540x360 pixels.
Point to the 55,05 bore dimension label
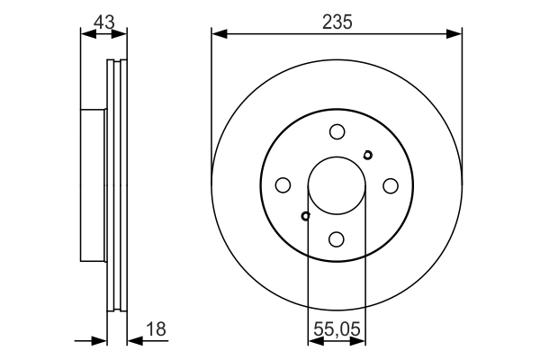click(x=337, y=329)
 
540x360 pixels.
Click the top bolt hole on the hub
click(x=337, y=131)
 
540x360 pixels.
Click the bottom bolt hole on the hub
click(x=337, y=238)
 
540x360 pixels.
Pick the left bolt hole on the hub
click(x=283, y=185)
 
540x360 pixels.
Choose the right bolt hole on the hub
click(x=391, y=185)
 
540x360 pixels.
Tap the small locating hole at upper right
click(x=367, y=155)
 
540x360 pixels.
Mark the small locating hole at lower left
click(x=306, y=216)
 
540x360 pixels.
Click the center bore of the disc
click(x=337, y=185)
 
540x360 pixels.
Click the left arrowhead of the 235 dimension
click(x=217, y=34)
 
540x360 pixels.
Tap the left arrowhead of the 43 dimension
click(x=85, y=34)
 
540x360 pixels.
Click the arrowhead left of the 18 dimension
click(x=101, y=340)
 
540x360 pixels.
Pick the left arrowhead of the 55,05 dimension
click(x=313, y=340)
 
